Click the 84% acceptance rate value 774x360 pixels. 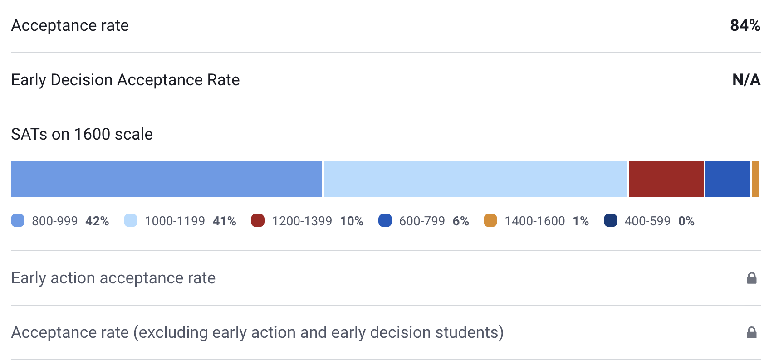(x=745, y=25)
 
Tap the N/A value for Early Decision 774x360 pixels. (x=746, y=80)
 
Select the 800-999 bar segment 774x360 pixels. (x=166, y=179)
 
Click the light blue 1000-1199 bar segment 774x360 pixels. (x=475, y=179)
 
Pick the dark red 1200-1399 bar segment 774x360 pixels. (x=666, y=179)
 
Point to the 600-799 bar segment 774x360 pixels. (x=727, y=179)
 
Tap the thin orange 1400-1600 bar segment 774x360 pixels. (x=755, y=179)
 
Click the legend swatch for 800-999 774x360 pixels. (x=18, y=221)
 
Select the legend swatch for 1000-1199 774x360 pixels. (x=131, y=221)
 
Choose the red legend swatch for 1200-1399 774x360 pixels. (x=258, y=221)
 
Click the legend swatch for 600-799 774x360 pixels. (x=385, y=221)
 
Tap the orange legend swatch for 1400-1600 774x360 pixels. (x=490, y=221)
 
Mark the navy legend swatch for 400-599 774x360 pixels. (x=611, y=221)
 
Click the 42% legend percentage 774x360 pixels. (x=97, y=221)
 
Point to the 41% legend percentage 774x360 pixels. (x=224, y=221)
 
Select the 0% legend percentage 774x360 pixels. (x=686, y=221)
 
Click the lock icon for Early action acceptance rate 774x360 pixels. (x=752, y=278)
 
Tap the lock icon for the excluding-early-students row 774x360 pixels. (x=752, y=332)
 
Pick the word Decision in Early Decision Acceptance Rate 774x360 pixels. (x=82, y=80)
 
